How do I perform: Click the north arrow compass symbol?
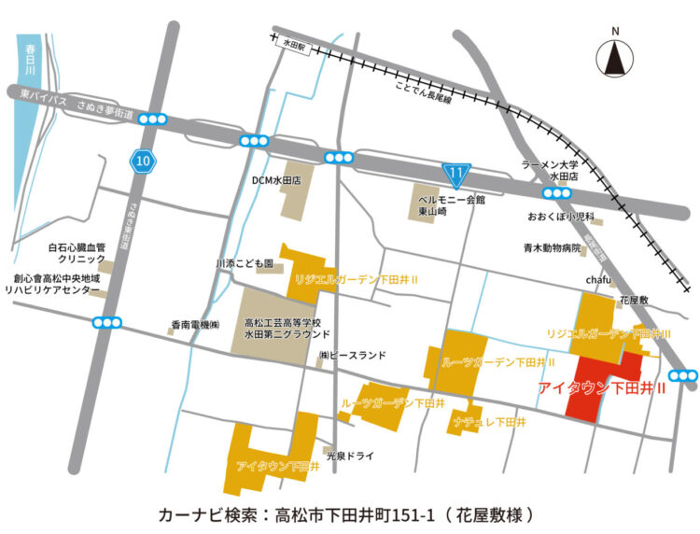615,57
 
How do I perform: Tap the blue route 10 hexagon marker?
141,162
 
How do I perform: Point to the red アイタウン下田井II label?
602,386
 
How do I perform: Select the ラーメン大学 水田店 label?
550,169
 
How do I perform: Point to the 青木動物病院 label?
554,249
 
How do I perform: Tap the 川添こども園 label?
245,265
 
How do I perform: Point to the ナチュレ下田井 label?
490,422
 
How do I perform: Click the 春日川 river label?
30,59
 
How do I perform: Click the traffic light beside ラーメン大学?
557,193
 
